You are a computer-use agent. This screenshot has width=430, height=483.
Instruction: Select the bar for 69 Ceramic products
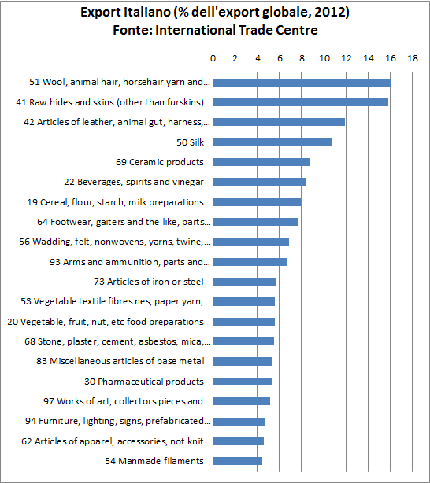coord(261,162)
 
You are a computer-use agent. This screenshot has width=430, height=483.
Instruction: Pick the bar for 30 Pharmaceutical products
coord(243,382)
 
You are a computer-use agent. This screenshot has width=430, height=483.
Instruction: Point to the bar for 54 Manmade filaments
coord(238,461)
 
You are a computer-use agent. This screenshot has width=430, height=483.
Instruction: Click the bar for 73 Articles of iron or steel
coord(245,282)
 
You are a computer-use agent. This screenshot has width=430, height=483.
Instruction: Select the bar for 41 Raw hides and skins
coord(301,102)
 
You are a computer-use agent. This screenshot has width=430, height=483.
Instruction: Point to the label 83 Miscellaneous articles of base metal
coord(127,361)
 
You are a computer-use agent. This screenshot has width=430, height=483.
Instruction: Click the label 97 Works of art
coord(127,401)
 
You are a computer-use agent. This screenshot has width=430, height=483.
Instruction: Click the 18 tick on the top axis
coord(413,59)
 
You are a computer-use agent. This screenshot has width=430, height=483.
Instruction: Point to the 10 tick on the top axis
coord(324,59)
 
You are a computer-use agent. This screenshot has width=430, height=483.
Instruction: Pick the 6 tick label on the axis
coord(280,59)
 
